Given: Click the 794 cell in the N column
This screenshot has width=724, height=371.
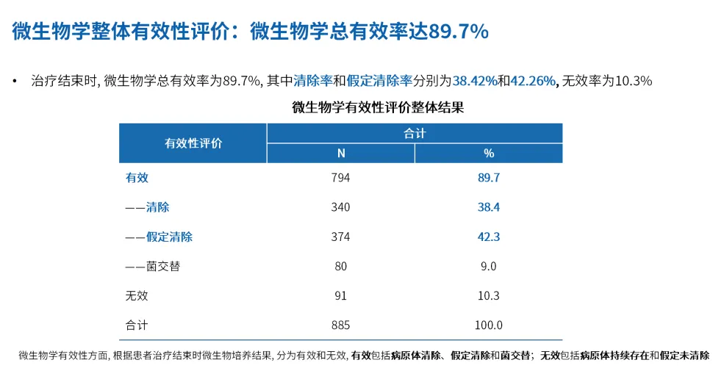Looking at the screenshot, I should (340, 178).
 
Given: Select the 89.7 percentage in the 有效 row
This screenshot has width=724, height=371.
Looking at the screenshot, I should (489, 178).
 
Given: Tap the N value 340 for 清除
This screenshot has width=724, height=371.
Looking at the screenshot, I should (340, 207).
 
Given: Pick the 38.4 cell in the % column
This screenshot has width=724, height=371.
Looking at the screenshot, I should (489, 207).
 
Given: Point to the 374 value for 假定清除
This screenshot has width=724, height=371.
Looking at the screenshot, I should (340, 237).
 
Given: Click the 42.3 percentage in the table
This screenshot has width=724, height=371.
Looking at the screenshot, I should (489, 237).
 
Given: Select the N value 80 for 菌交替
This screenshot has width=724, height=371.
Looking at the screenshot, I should (340, 266).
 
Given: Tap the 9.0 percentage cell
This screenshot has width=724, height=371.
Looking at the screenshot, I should (489, 266).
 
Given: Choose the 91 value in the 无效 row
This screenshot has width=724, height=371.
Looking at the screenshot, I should (340, 295).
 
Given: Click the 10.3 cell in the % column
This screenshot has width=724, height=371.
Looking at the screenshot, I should (489, 295).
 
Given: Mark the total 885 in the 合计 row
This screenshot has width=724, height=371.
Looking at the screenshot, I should (340, 325).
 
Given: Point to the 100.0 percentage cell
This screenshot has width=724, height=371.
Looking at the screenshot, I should (489, 325).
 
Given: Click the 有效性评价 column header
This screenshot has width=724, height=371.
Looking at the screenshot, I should (193, 143).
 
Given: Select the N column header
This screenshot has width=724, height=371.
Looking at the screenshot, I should (340, 154).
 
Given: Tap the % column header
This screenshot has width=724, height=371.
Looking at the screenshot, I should (489, 154).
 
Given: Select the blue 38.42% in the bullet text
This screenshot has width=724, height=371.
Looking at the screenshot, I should (475, 81).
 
